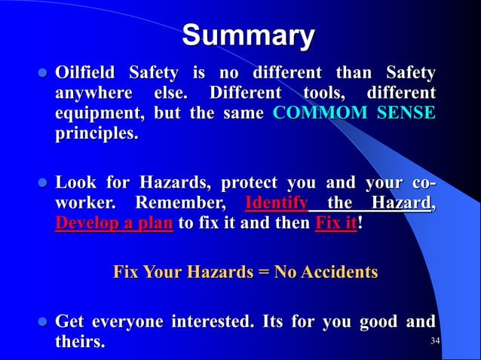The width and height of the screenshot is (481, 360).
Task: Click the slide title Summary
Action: pos(248,35)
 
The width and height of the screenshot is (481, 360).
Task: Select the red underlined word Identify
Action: pos(277,204)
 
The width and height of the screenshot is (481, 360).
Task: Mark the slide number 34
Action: pos(434,342)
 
